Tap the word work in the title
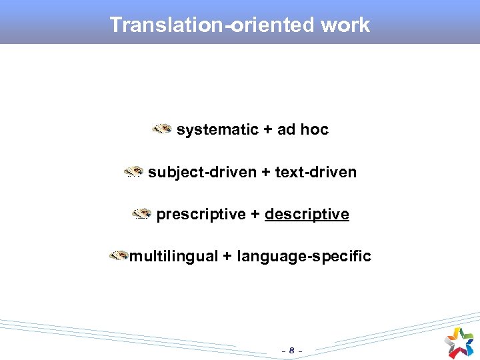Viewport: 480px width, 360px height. click(345, 25)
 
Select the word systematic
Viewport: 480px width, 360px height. click(217, 130)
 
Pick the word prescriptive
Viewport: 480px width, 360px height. click(201, 215)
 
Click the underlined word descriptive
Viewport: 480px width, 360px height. click(307, 215)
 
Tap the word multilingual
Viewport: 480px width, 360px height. click(173, 257)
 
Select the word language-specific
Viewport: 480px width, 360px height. click(303, 257)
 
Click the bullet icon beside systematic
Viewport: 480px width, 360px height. click(161, 129)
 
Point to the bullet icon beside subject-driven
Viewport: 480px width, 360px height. click(133, 172)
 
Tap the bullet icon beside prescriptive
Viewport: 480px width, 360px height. click(141, 214)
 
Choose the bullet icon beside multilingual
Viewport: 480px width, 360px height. click(119, 255)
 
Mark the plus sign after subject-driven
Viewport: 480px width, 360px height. click(265, 173)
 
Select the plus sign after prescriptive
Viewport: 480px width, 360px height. click(255, 215)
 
